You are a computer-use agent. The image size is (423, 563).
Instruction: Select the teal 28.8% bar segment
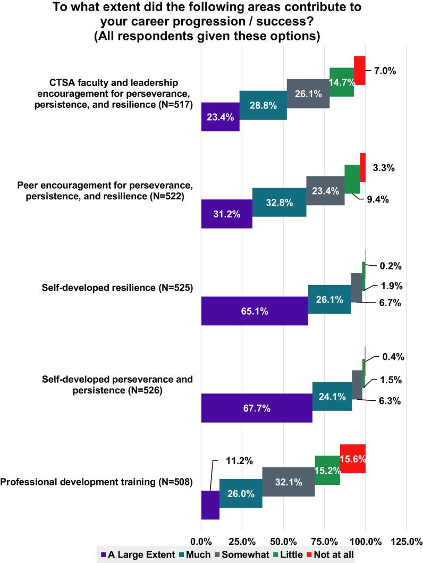tap(263, 105)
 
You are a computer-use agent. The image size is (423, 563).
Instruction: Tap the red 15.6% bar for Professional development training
tap(352, 458)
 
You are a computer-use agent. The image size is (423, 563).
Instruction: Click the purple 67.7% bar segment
tap(257, 408)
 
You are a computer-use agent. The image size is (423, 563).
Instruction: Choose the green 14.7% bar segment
tap(342, 82)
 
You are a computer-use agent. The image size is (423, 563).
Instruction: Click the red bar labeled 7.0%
tap(359, 70)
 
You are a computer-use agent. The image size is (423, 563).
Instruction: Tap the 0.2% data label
tap(391, 266)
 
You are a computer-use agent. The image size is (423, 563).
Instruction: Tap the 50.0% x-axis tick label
tap(283, 541)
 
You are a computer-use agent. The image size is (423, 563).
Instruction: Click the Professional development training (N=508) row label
tap(97, 482)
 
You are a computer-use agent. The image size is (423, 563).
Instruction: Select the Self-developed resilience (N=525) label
tap(117, 288)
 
